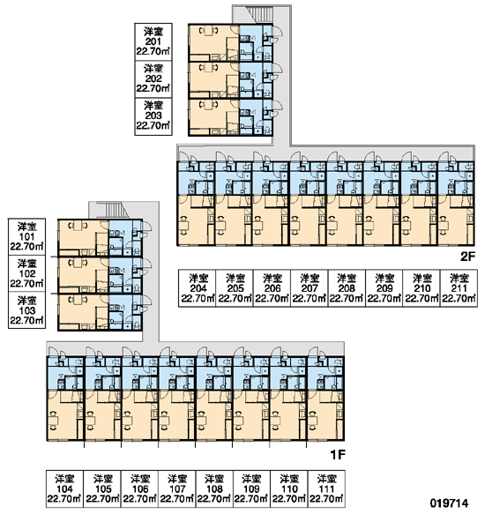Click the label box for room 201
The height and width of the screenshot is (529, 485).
[153, 42]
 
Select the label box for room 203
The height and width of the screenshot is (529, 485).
[153, 116]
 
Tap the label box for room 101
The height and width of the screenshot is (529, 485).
[26, 237]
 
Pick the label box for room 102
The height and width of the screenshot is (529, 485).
[26, 273]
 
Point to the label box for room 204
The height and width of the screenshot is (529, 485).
[198, 288]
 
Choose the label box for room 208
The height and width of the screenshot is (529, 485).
[347, 288]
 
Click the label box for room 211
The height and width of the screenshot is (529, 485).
[459, 288]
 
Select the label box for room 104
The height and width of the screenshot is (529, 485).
[64, 488]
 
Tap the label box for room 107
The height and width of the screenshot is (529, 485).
[177, 488]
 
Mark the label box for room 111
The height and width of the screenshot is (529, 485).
[326, 488]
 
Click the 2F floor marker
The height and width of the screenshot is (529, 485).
[467, 257]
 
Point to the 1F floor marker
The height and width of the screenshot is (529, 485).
[338, 455]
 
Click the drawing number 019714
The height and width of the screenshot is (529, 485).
[449, 503]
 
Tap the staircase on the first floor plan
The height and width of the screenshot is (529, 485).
[114, 211]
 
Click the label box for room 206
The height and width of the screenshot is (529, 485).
[272, 288]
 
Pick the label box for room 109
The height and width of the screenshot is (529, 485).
[251, 488]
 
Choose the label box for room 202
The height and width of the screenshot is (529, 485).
[153, 79]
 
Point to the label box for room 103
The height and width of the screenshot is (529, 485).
[26, 310]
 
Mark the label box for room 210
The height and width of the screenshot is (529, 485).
[422, 288]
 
